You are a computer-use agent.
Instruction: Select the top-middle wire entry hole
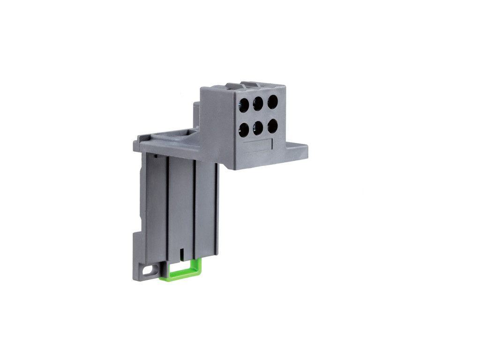coord(258,104)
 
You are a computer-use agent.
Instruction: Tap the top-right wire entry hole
coord(272,102)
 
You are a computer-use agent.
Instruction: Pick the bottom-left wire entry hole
coord(243,129)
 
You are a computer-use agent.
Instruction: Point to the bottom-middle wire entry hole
coord(258,127)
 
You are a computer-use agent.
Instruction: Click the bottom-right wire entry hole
coord(272,126)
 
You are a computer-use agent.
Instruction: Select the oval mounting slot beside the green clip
coord(149,270)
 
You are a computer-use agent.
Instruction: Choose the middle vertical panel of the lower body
coord(181,206)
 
